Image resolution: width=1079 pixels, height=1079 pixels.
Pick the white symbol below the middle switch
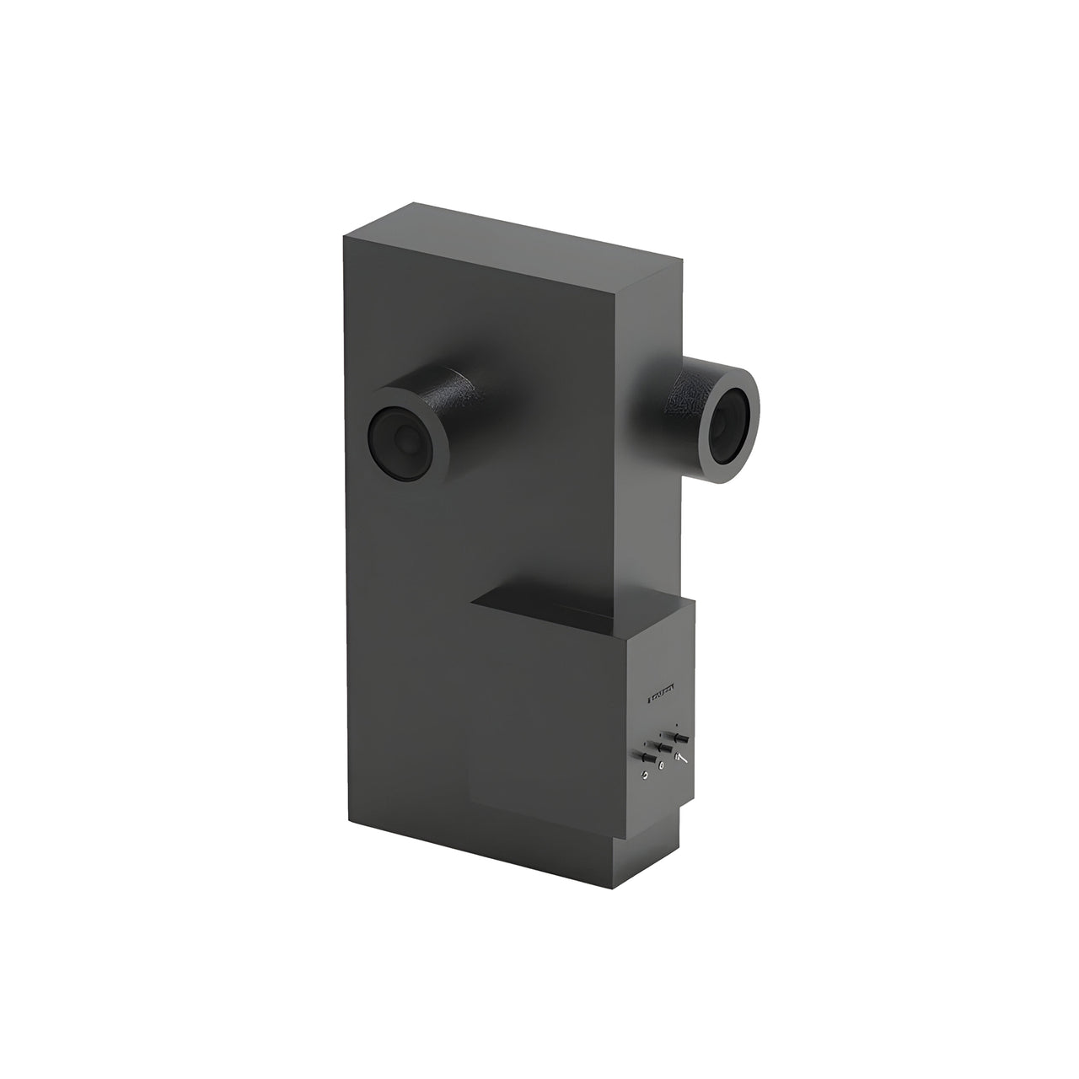(663, 765)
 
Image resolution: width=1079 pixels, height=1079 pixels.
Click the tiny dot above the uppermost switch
(677, 724)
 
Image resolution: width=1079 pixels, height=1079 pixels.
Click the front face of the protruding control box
(548, 717)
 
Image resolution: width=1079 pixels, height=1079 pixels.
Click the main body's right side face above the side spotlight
(653, 320)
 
